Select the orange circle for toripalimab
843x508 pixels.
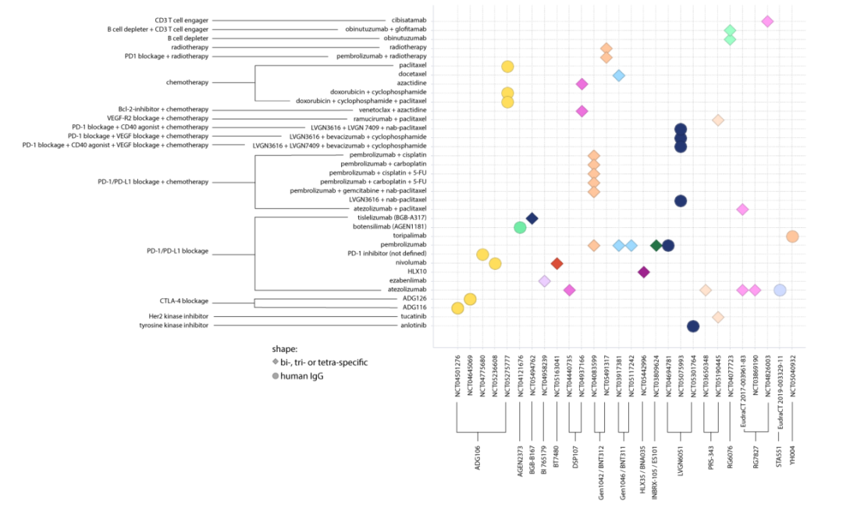tap(792, 236)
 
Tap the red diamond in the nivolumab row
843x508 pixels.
tap(557, 263)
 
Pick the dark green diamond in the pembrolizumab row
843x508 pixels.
tap(656, 246)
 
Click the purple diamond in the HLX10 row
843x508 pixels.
tap(643, 272)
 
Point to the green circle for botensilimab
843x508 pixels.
tap(520, 228)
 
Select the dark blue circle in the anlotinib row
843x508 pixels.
tap(692, 326)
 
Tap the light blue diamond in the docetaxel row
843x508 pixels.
tap(618, 76)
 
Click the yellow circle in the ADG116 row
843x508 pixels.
tap(457, 308)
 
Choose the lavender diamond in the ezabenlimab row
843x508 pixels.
tap(544, 281)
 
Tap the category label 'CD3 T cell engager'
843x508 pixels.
tap(181, 20)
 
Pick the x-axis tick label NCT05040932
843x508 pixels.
tap(792, 377)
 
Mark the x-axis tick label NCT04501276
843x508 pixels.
tap(457, 377)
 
